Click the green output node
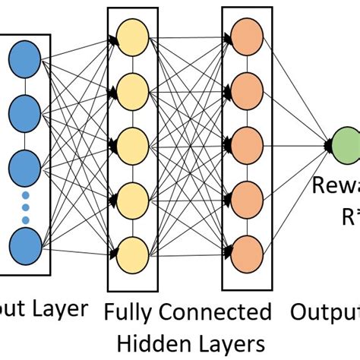point(346,144)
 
